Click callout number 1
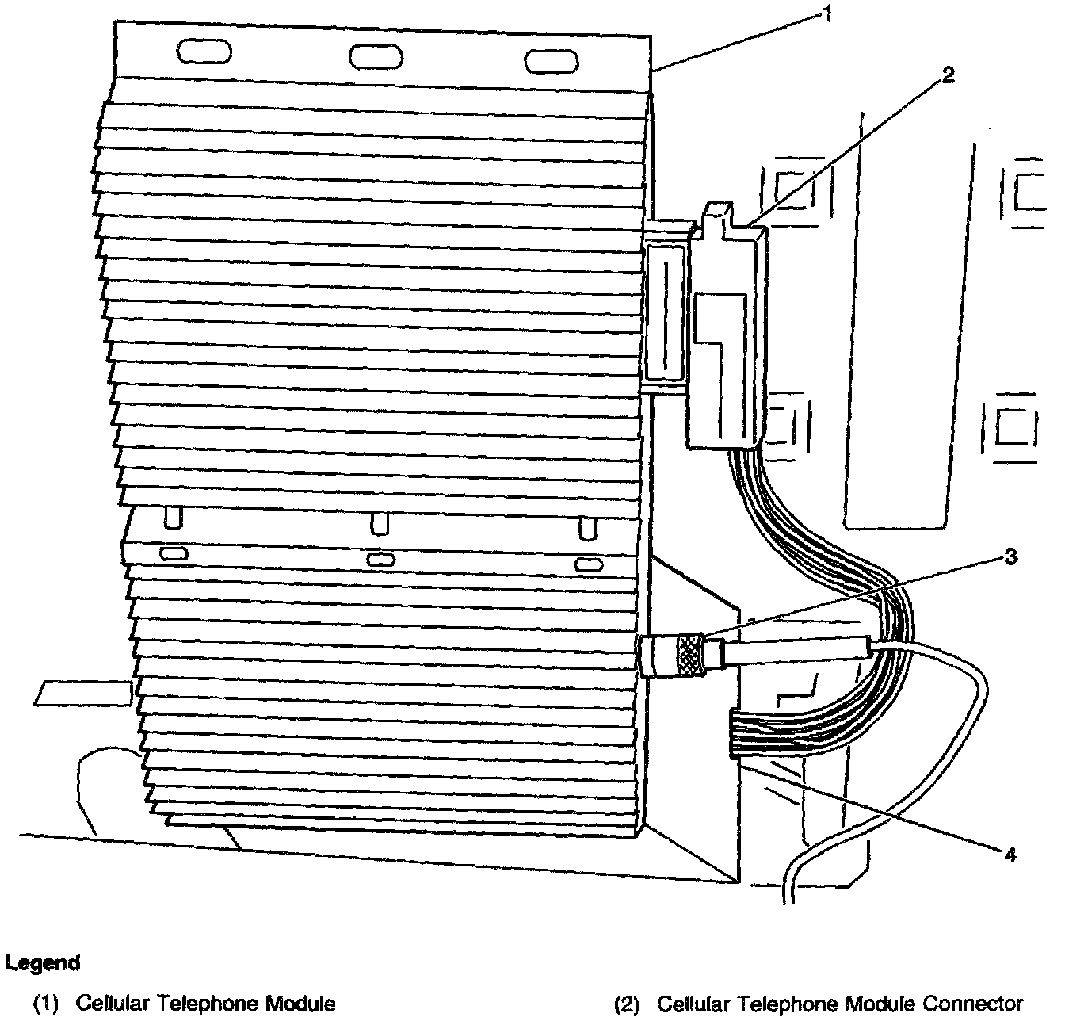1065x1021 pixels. click(826, 14)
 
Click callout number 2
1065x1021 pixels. click(948, 75)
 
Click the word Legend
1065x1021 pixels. click(43, 964)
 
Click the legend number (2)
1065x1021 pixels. click(628, 1004)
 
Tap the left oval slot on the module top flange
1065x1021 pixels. click(204, 52)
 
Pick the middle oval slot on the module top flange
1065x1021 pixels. click(376, 56)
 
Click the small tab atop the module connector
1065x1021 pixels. click(716, 214)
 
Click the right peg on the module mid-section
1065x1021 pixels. click(587, 527)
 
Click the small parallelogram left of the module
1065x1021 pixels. click(83, 692)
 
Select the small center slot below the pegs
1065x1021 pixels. click(381, 559)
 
